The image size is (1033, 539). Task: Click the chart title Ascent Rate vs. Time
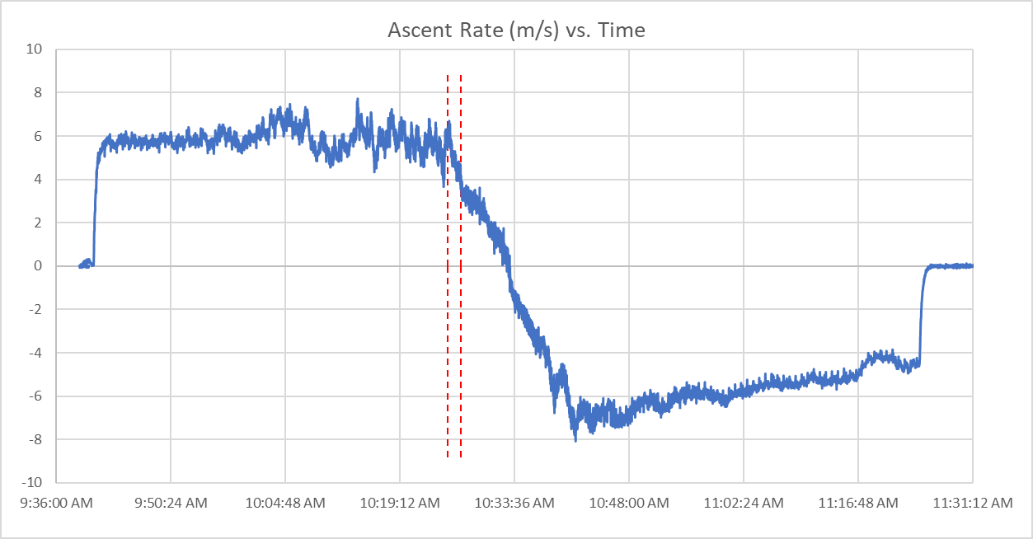[x=516, y=31]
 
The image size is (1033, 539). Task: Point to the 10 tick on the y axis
[x=36, y=49]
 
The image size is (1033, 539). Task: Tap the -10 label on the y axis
[x=33, y=483]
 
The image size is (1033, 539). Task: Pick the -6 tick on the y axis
[x=36, y=396]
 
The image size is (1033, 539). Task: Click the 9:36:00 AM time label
[x=56, y=503]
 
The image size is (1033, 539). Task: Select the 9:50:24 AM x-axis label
[x=171, y=503]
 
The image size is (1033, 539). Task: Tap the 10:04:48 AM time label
[x=285, y=503]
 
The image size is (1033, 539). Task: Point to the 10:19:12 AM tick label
[x=400, y=503]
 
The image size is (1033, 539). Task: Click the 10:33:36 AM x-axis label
[x=514, y=503]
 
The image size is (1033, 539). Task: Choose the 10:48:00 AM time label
[x=629, y=503]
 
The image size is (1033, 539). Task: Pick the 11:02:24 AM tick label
[x=744, y=503]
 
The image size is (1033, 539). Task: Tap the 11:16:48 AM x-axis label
[x=858, y=503]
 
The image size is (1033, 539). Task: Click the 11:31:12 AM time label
[x=973, y=503]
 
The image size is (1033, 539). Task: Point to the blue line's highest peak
[x=358, y=99]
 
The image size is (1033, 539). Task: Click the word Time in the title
[x=623, y=31]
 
